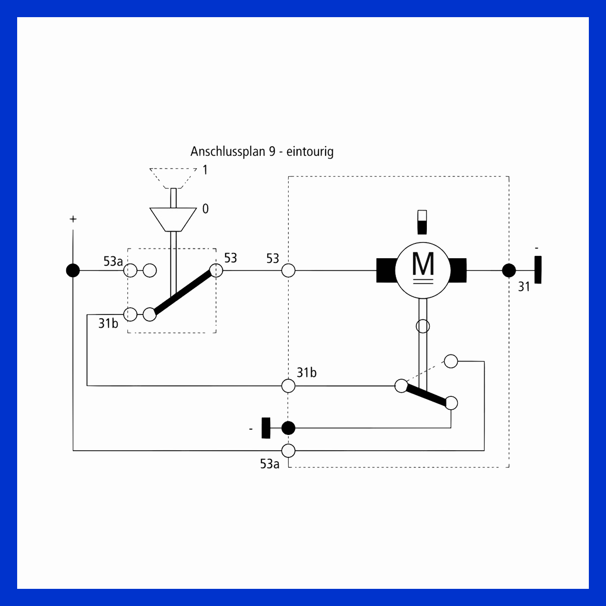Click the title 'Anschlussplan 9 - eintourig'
tap(262, 151)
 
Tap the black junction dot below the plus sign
tap(73, 271)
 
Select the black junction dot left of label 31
tap(509, 271)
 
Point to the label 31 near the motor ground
tap(524, 286)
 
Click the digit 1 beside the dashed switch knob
tap(205, 170)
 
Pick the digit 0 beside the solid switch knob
tap(205, 209)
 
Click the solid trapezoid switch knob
tap(173, 220)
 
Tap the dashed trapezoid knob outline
tap(173, 178)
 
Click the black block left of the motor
tap(386, 271)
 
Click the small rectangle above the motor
tap(422, 222)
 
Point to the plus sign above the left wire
tap(73, 219)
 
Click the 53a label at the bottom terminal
tap(270, 464)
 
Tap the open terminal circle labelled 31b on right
tap(288, 386)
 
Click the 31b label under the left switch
tap(108, 323)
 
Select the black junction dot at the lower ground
tap(288, 428)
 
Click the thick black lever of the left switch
tap(183, 293)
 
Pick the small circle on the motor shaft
tap(423, 326)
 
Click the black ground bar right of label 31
tap(538, 270)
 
